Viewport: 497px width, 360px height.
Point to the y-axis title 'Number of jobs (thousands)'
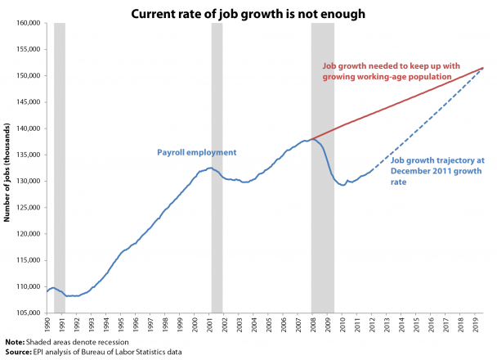[x=7, y=169]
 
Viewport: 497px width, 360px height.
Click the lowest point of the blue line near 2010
[x=343, y=186]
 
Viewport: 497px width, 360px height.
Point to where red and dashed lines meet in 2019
[x=483, y=68]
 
